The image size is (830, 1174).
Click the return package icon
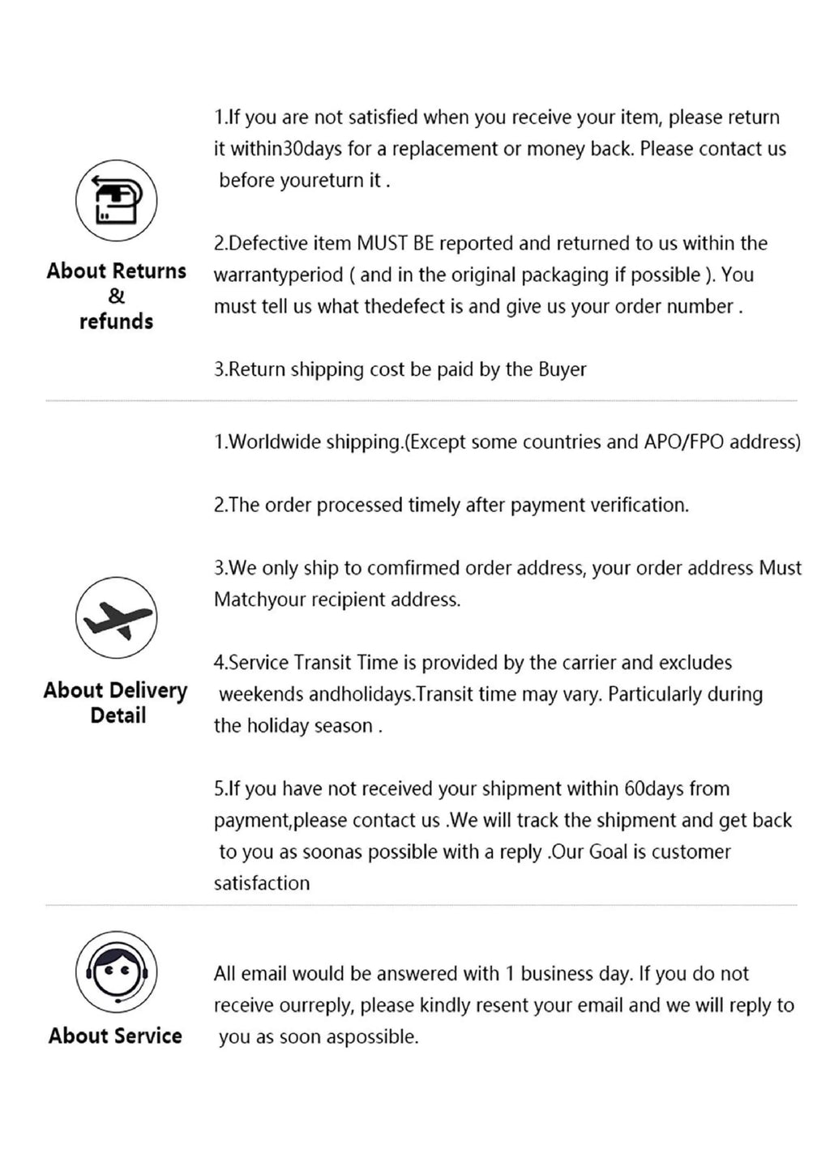click(x=115, y=200)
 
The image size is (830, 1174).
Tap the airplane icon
click(x=115, y=618)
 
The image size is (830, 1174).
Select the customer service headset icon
click(x=115, y=971)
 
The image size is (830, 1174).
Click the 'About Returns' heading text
click(x=116, y=271)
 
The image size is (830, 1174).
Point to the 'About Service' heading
click(x=115, y=1035)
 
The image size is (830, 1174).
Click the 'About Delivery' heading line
click(x=115, y=690)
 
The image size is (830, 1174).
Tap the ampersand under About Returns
click(x=116, y=296)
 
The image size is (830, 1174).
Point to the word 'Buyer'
click(x=562, y=369)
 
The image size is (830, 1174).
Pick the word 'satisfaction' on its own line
click(x=261, y=883)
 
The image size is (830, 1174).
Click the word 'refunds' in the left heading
click(x=116, y=322)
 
